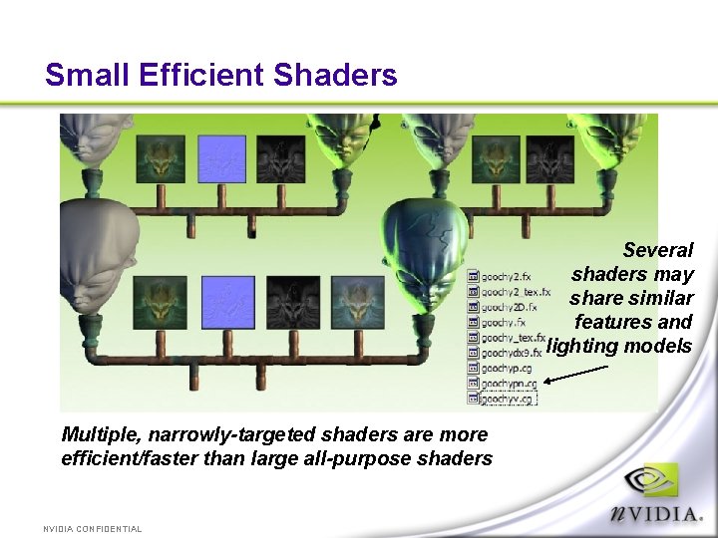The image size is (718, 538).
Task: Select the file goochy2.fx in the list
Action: click(506, 276)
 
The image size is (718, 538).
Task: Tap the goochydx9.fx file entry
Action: click(511, 353)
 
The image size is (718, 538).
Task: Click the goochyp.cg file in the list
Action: click(506, 368)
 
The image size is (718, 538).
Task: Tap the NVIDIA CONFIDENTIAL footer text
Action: click(93, 529)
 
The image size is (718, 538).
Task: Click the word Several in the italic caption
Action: click(657, 250)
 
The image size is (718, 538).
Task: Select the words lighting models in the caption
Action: click(619, 346)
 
